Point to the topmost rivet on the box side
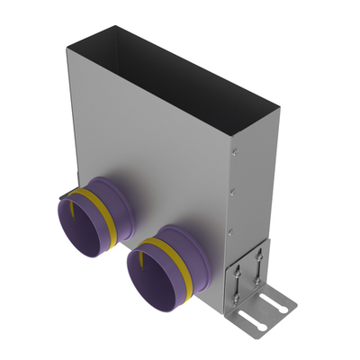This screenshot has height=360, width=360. [233, 141]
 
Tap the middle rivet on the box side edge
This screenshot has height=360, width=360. [231, 191]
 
